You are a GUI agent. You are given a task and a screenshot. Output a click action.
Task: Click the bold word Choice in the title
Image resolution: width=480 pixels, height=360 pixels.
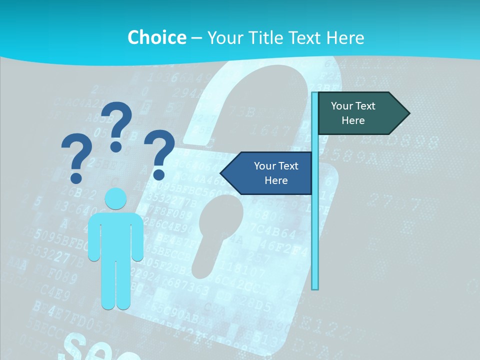click(156, 37)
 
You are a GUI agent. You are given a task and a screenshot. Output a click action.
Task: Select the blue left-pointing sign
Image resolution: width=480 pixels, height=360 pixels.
click(270, 173)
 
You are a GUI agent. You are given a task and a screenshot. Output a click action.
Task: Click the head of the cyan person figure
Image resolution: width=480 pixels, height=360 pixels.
click(115, 199)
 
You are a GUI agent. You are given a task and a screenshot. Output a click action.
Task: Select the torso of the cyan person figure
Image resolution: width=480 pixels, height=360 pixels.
click(115, 235)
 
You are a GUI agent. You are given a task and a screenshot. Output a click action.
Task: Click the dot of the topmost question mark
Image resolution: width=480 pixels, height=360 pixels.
click(116, 146)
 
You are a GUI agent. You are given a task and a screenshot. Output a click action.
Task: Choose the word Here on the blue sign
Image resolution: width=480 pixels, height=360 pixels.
click(276, 180)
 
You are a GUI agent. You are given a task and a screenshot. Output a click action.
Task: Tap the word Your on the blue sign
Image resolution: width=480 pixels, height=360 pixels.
click(264, 166)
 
